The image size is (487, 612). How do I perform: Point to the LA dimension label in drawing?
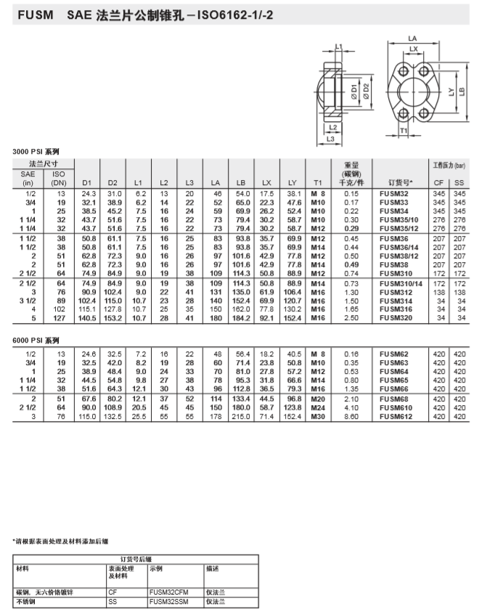(x=412, y=38)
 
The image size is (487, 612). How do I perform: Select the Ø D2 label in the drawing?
(x=367, y=92)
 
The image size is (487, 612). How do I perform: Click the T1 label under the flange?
(x=404, y=131)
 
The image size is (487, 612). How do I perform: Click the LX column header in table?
(x=266, y=182)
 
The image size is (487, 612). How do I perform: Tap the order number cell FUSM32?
(x=393, y=194)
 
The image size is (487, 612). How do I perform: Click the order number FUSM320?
(x=396, y=317)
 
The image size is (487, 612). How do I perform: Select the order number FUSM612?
(x=396, y=417)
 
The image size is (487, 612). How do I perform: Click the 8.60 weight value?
(x=351, y=417)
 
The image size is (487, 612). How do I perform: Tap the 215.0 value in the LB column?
(x=242, y=417)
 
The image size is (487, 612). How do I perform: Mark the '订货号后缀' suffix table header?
(x=136, y=559)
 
